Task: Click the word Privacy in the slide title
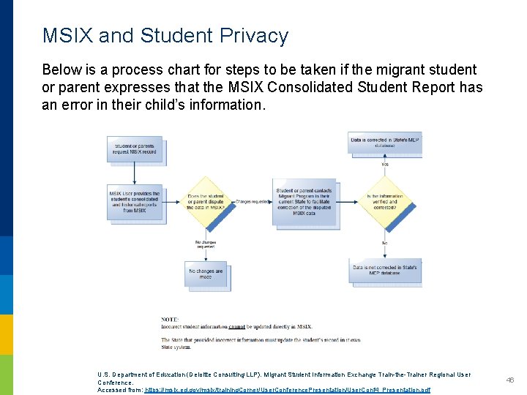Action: [x=252, y=36]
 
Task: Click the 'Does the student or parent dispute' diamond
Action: [x=206, y=202]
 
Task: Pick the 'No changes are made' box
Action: [x=205, y=274]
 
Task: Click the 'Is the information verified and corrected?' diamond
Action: [x=385, y=202]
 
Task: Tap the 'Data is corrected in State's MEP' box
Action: [x=384, y=142]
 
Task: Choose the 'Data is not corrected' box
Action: [x=384, y=271]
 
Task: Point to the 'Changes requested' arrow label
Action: [x=253, y=200]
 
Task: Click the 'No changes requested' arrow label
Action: [x=206, y=244]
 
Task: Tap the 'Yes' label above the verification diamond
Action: [x=385, y=165]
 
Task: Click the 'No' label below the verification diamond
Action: [x=385, y=243]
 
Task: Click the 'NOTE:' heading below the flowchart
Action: [x=171, y=319]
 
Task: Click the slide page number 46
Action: [x=511, y=380]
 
